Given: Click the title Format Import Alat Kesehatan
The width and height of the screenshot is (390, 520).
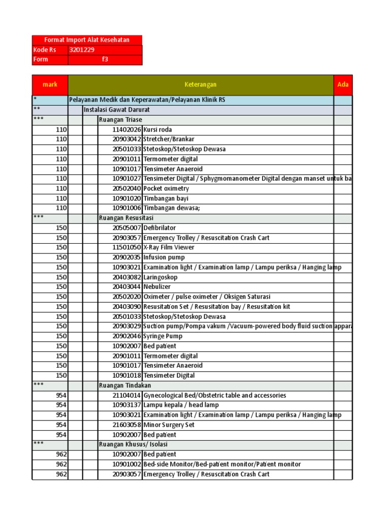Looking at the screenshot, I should tap(87, 40).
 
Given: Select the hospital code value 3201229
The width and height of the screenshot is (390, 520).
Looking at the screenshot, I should tap(82, 50).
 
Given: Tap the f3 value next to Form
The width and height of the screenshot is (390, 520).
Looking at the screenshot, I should tap(105, 59).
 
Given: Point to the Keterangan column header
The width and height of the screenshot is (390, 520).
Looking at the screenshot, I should tap(201, 84).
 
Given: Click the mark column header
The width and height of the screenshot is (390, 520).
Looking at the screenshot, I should tap(50, 84).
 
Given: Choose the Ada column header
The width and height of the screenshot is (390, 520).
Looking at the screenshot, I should tap(343, 84).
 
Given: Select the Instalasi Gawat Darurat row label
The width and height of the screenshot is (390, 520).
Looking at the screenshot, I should tap(116, 110).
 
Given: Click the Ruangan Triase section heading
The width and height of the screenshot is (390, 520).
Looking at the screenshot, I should tap(120, 120).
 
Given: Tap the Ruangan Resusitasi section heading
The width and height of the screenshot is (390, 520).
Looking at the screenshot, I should tap(126, 218).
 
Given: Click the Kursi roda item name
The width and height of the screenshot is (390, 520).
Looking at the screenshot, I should tap(158, 130).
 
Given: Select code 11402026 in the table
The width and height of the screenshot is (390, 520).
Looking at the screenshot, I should tap(127, 130).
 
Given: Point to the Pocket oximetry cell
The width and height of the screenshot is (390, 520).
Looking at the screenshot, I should tap(166, 188).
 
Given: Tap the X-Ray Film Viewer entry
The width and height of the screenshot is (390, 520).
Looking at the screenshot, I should tap(169, 248).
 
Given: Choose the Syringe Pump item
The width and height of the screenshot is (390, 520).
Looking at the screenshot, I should tap(162, 336).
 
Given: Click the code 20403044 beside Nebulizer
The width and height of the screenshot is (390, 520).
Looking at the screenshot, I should tap(127, 287).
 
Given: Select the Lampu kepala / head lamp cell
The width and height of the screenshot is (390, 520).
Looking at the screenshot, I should tap(181, 405).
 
